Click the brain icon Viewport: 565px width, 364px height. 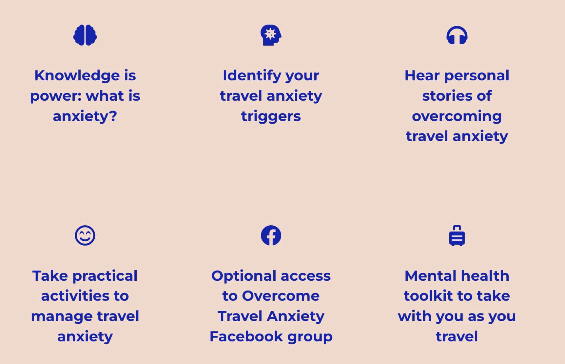pyautogui.click(x=85, y=35)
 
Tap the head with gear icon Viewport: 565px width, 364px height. pyautogui.click(x=271, y=35)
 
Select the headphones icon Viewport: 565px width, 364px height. pyautogui.click(x=457, y=35)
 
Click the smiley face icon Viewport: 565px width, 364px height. pyautogui.click(x=85, y=235)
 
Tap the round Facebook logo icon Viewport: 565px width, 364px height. pyautogui.click(x=271, y=235)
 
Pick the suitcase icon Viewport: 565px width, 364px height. pyautogui.click(x=457, y=235)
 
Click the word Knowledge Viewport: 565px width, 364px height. pyautogui.click(x=77, y=76)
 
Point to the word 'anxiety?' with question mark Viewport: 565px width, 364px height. pyautogui.click(x=85, y=116)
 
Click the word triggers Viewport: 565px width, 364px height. pyautogui.click(x=271, y=116)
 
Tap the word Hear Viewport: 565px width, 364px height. pyautogui.click(x=422, y=75)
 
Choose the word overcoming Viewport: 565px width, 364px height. pyautogui.click(x=457, y=116)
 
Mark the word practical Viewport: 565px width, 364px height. pyautogui.click(x=105, y=276)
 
